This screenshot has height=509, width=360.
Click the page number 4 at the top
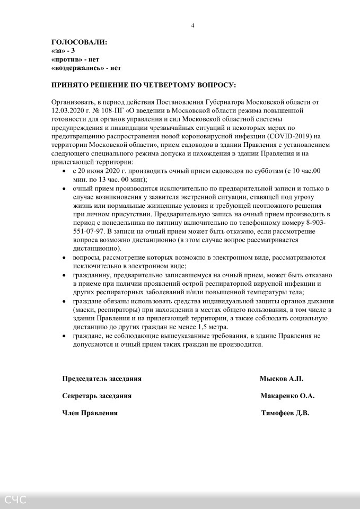coord(192,25)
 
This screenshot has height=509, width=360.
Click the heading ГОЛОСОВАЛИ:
coord(79,42)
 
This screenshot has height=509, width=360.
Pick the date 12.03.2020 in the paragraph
coord(69,110)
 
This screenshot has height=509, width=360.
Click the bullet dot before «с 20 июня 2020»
coord(65,172)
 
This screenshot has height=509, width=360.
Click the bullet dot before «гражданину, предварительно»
coord(65,276)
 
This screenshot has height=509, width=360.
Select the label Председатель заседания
coord(102,379)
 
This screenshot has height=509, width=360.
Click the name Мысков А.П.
coord(281,379)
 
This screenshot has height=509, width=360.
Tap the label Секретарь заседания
coord(96,396)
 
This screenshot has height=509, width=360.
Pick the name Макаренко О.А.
coord(287,396)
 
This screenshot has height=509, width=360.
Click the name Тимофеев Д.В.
coord(285,413)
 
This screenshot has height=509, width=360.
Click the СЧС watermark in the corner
coord(16,499)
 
